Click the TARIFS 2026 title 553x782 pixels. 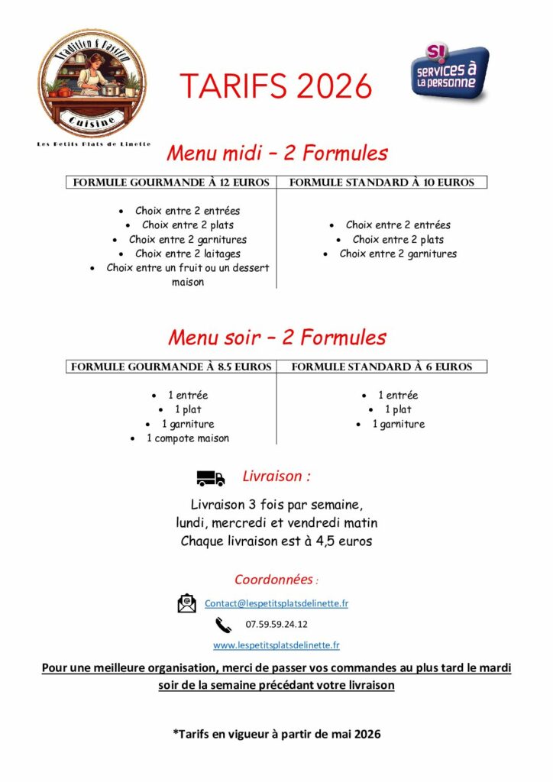[x=276, y=86]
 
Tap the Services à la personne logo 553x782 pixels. [x=449, y=73]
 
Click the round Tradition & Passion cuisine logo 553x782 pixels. [x=92, y=84]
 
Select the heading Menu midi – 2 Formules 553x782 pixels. [x=277, y=153]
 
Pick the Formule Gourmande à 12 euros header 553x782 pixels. [x=170, y=183]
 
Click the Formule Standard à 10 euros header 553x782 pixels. [x=382, y=183]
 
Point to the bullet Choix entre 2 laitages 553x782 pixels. [x=187, y=254]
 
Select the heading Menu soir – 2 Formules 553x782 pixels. [x=277, y=338]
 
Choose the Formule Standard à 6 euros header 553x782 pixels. [x=382, y=367]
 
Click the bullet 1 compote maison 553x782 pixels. [x=187, y=438]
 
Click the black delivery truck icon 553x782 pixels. [x=211, y=479]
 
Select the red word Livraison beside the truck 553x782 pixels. [x=273, y=477]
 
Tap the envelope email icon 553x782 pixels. [x=186, y=603]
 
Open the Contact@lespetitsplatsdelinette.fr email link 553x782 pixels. [x=276, y=603]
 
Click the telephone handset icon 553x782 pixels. [x=223, y=625]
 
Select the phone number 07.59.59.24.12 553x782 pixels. [x=276, y=624]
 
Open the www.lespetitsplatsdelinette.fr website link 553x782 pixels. [x=276, y=645]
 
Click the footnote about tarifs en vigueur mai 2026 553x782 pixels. [x=276, y=734]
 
